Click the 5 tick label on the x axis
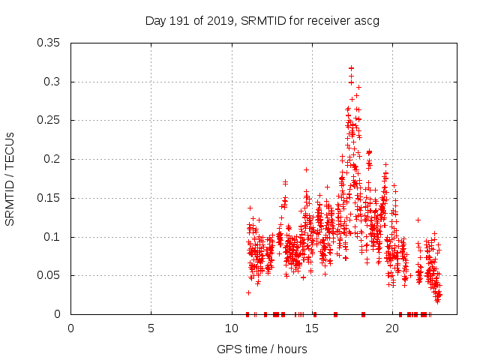tap(151, 328)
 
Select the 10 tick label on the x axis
tap(231, 328)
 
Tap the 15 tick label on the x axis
tap(311, 328)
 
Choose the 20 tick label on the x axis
tap(391, 328)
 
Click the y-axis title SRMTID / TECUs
tap(10, 178)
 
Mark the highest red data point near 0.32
tap(351, 68)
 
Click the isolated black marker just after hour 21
tap(418, 220)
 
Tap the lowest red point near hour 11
tap(248, 292)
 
